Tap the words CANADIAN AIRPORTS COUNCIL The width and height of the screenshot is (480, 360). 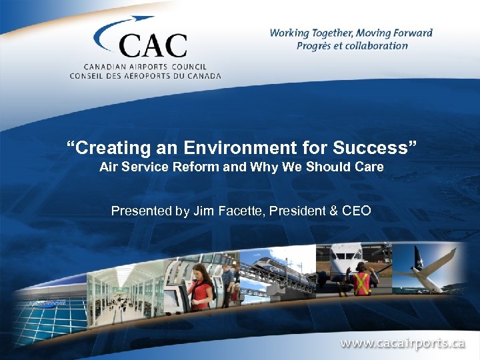145,67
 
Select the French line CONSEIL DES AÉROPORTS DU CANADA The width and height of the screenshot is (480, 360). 145,75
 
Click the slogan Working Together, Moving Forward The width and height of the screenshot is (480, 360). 351,33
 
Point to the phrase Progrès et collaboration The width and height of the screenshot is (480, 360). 352,46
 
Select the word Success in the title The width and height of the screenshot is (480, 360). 371,147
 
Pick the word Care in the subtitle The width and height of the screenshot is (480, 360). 370,167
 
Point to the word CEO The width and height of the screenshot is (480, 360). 356,211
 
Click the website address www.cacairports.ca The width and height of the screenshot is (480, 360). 402,344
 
